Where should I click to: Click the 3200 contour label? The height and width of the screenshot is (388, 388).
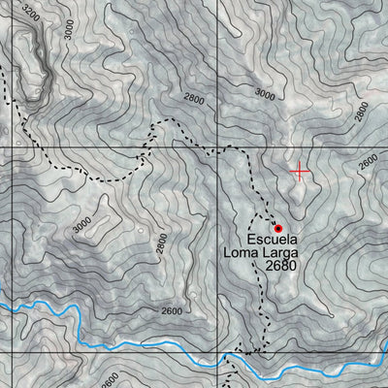(31, 14)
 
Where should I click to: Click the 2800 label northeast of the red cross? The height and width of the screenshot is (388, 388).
(362, 112)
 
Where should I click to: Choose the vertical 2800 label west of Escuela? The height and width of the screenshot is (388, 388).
(161, 248)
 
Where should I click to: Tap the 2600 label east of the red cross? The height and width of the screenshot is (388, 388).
(368, 163)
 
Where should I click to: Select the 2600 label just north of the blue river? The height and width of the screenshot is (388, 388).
(171, 310)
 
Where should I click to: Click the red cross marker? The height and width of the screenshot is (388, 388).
(300, 172)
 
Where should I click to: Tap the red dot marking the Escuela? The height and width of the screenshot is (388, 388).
(278, 229)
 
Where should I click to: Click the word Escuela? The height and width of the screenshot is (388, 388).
(275, 241)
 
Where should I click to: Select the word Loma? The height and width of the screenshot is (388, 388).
(242, 255)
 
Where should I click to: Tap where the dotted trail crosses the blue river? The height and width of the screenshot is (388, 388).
(230, 357)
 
